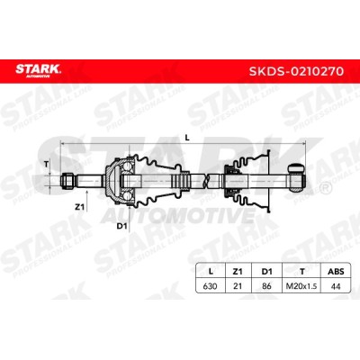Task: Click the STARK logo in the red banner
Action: [38, 70]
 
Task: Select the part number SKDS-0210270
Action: [296, 71]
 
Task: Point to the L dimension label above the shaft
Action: [187, 138]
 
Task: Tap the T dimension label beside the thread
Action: [46, 164]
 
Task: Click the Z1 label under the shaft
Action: [79, 206]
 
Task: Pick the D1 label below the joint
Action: [121, 226]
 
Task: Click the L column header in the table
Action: [211, 272]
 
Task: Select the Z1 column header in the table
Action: [238, 272]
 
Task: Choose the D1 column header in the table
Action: [266, 272]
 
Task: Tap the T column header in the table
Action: [302, 272]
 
